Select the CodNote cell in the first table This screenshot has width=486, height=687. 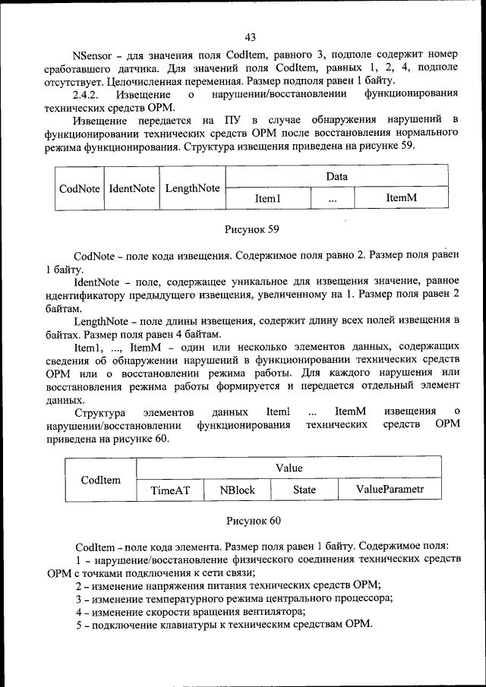(80, 188)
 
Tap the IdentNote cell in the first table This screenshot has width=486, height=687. (132, 188)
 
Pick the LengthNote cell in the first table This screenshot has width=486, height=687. (193, 188)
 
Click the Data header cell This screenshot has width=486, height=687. (336, 176)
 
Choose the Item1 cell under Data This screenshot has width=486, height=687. (268, 198)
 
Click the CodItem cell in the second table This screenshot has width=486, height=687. (101, 479)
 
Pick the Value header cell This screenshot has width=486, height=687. (288, 468)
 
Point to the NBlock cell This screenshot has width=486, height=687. (238, 490)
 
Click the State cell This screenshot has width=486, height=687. (305, 490)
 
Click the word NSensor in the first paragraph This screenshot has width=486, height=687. (94, 55)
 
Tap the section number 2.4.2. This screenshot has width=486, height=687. (87, 93)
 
